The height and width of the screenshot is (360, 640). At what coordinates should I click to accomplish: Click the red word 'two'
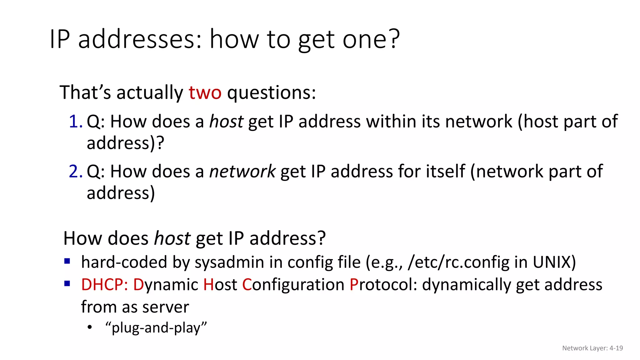[205, 93]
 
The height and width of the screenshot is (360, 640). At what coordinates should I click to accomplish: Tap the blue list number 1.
[75, 121]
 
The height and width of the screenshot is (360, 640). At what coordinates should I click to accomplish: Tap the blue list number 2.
[75, 171]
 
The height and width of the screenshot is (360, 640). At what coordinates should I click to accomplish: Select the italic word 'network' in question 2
[242, 172]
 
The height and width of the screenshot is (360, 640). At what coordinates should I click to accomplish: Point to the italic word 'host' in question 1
[226, 121]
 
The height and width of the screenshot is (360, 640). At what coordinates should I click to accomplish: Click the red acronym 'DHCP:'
[104, 285]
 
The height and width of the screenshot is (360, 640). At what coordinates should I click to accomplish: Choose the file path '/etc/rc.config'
[459, 262]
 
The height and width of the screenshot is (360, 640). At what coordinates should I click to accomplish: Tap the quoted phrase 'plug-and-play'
[156, 328]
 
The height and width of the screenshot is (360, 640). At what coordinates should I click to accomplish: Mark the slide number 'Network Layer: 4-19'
[592, 348]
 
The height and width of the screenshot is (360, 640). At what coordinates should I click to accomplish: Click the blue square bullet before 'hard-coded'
[67, 261]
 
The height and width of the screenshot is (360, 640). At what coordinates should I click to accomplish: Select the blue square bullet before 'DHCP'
[67, 283]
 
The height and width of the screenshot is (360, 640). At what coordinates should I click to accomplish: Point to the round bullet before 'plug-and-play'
[90, 327]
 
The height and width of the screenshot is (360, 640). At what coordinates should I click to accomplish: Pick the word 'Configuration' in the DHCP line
[293, 285]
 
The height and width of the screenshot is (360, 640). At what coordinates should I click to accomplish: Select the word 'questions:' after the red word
[271, 93]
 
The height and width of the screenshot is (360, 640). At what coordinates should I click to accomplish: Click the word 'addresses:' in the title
[140, 39]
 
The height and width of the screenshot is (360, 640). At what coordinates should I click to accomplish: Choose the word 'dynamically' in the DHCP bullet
[466, 285]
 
